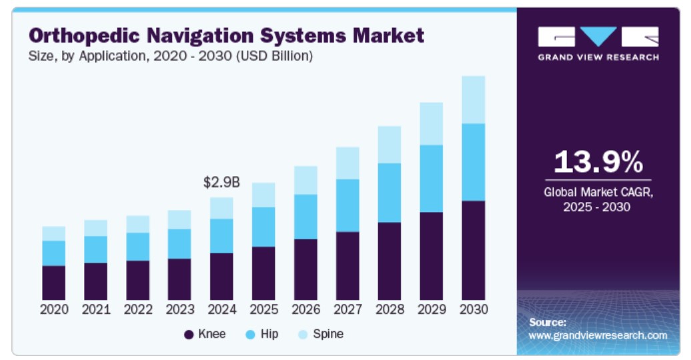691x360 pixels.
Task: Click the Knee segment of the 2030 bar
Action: [x=473, y=250]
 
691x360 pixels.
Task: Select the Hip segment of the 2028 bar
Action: [x=389, y=193]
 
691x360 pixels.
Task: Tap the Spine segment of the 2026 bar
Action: [x=305, y=180]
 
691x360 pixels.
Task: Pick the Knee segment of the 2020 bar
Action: [x=53, y=283]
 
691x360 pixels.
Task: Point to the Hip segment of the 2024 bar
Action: [x=221, y=235]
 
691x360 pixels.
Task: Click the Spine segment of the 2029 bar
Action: [x=431, y=123]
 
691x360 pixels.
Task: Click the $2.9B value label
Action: [x=221, y=182]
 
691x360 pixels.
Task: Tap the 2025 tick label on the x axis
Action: [x=263, y=309]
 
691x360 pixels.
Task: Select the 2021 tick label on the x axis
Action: [x=95, y=309]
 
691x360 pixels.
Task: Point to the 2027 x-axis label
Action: [x=348, y=309]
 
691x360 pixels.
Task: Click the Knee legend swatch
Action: [x=188, y=334]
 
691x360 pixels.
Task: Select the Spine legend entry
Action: [x=321, y=334]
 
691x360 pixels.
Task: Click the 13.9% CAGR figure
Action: [x=598, y=161]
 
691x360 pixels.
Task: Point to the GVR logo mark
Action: [x=598, y=36]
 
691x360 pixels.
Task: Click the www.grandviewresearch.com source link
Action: [x=598, y=335]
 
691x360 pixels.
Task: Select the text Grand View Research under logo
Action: [x=598, y=57]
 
